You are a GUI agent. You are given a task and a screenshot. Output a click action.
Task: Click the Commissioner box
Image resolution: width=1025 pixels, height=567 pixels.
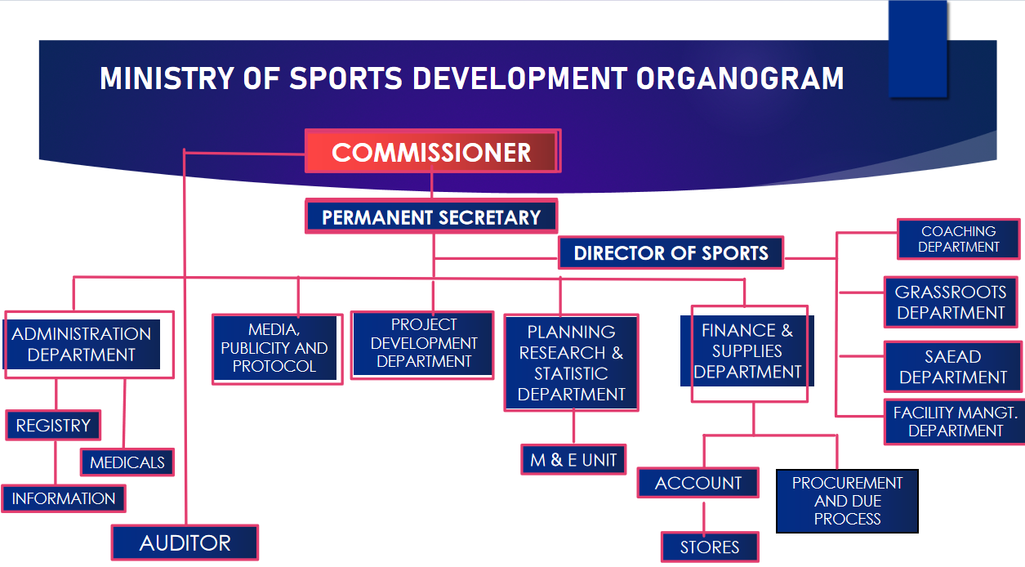click(x=432, y=152)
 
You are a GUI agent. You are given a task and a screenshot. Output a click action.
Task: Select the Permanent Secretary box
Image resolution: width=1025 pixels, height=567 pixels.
click(x=431, y=217)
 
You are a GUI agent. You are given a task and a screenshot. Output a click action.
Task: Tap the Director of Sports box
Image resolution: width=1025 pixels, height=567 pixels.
click(x=671, y=253)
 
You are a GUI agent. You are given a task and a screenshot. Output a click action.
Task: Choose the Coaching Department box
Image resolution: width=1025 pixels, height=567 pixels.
click(x=958, y=239)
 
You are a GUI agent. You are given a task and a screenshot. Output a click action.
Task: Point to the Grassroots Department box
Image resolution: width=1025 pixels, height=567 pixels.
click(x=951, y=302)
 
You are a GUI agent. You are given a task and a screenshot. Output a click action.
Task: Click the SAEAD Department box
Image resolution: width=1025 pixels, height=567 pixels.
click(x=952, y=367)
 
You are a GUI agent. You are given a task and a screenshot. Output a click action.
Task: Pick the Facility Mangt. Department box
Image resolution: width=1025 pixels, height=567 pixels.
click(x=955, y=422)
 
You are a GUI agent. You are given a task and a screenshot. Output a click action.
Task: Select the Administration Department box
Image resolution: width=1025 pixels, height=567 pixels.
click(x=82, y=345)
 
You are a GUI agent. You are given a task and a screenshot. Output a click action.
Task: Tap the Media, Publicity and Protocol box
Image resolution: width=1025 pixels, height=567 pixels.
click(x=275, y=348)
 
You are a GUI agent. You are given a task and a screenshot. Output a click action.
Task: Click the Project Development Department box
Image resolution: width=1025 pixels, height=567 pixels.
click(x=423, y=344)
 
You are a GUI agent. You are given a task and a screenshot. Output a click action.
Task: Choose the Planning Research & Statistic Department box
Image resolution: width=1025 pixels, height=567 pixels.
click(x=571, y=363)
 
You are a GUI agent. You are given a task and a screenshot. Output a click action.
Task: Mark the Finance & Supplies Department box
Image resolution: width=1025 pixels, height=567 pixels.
click(x=747, y=352)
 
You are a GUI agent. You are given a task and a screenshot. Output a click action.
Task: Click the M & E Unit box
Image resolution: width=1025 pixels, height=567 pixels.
click(x=573, y=460)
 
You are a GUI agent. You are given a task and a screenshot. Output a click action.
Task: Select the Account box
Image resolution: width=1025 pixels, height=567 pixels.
click(x=698, y=483)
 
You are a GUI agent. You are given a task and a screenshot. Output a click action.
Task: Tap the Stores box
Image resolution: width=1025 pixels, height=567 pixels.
click(x=710, y=547)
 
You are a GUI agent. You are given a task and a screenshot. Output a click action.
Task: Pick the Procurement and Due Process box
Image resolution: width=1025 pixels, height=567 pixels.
click(x=847, y=501)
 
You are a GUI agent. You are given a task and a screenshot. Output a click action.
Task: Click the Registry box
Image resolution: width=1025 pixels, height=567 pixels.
click(x=53, y=425)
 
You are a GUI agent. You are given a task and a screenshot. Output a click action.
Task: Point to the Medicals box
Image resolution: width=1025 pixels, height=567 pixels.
click(x=127, y=462)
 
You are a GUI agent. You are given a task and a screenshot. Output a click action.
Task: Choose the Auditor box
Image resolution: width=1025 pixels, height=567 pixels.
click(x=185, y=542)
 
